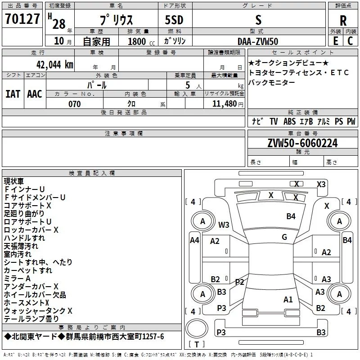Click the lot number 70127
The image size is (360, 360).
[x=22, y=19]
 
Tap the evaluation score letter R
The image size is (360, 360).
[x=343, y=20]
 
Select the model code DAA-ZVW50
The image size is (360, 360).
[x=258, y=41]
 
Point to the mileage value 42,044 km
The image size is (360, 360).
[x=51, y=64]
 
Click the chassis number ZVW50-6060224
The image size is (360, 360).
[x=302, y=143]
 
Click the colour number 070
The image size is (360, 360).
[x=74, y=104]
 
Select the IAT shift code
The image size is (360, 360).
[x=13, y=94]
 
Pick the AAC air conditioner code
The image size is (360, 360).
[x=35, y=94]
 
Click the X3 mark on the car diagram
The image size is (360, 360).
[x=321, y=184]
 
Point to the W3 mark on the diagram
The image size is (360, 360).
[x=224, y=225]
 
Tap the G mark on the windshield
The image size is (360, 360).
[x=284, y=237]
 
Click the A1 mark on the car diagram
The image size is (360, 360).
[x=288, y=299]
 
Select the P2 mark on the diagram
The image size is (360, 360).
[x=239, y=282]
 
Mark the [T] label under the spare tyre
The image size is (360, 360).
[x=196, y=345]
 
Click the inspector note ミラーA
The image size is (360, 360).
[x=17, y=279]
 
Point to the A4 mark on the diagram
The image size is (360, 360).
[x=194, y=240]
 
